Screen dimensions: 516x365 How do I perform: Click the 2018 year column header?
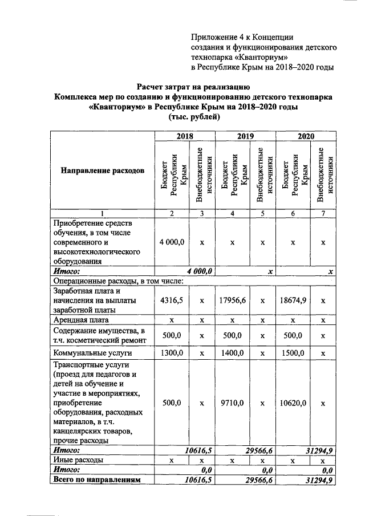pos(184,137)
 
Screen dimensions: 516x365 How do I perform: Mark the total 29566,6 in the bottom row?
pos(257,481)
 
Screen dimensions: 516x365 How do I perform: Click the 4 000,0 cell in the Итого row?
pos(200,271)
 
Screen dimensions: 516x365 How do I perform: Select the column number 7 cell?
pos(323,213)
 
